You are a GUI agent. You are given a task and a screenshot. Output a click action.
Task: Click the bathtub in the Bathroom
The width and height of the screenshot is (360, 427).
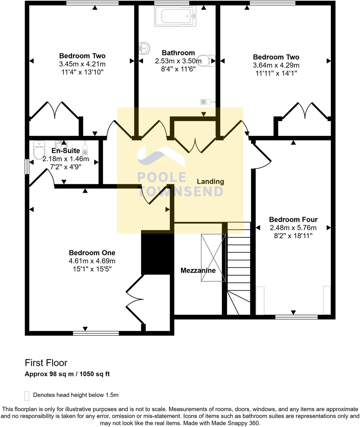coord(175,16)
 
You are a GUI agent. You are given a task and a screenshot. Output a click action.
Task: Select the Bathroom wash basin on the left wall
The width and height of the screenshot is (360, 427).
coord(144,48)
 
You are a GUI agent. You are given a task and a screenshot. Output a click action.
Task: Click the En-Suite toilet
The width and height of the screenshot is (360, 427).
coord(39,150)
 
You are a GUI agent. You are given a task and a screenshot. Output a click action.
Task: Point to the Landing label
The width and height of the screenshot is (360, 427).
coord(210,181)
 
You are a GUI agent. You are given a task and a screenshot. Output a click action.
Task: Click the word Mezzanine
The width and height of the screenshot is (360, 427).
coord(198,270)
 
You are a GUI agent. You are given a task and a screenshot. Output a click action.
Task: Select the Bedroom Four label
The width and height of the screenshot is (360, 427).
coord(293,219)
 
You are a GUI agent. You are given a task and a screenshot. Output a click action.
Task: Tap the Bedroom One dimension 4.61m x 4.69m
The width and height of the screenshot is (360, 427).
coord(92,261)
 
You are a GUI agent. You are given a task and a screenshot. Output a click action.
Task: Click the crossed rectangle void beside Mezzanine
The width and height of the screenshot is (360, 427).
coord(213,257)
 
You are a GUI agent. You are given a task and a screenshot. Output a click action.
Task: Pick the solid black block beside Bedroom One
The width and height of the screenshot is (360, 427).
coord(157,254)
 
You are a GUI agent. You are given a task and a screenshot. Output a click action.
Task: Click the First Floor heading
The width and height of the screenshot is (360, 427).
coord(46,363)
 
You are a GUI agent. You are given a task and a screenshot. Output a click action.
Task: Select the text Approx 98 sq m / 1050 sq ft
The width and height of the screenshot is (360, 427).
coord(67,374)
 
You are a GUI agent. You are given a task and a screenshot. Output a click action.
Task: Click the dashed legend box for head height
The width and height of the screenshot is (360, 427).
coord(27,396)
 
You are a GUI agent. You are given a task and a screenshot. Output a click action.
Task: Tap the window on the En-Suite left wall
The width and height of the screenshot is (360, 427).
coord(27,167)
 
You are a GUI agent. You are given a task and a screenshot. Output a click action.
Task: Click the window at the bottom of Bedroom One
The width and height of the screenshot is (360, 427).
coord(96,333)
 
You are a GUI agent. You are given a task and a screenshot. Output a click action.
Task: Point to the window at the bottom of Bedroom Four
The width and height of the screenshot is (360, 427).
coord(296,317)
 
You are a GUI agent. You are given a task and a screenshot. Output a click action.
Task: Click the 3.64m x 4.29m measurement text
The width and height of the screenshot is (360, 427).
coord(276,65)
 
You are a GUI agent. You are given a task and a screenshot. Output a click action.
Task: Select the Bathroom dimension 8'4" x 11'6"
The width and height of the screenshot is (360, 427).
coord(178,69)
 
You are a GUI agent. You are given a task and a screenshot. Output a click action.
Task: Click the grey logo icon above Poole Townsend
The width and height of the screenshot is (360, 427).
coord(161,156)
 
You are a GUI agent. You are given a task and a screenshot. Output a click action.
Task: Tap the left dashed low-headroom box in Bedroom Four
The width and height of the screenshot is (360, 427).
coord(260,300)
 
